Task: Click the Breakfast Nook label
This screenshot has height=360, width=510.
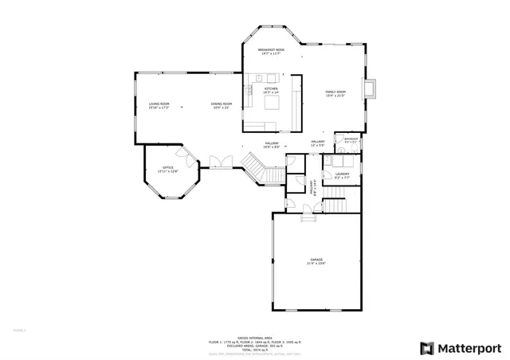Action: (269, 52)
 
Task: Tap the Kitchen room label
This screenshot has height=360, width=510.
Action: (271, 91)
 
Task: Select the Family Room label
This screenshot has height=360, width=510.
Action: (335, 94)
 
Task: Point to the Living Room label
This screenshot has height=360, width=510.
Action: (159, 105)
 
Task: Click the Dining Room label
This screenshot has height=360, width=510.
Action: (221, 105)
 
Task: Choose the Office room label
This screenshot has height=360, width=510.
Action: (168, 169)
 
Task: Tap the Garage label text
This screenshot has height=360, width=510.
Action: (316, 261)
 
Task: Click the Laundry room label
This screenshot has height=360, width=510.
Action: (343, 174)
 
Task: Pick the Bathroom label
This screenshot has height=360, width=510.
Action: (351, 140)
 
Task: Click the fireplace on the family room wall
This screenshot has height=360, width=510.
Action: (371, 89)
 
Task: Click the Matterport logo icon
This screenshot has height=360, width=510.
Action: (428, 348)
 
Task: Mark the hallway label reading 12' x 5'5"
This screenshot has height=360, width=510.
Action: (318, 144)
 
